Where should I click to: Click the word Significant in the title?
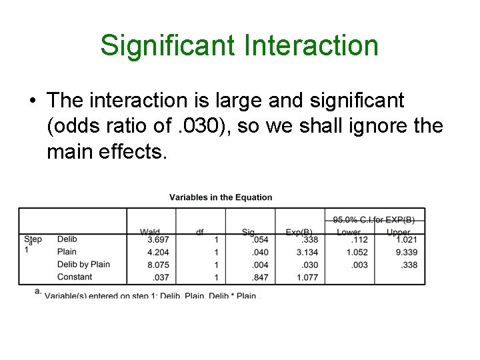(168, 46)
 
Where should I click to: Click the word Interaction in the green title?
(312, 46)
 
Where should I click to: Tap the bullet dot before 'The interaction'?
(32, 101)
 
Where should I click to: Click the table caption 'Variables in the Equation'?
(221, 197)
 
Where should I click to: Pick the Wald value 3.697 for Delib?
(158, 239)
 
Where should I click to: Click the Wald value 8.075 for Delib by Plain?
(158, 265)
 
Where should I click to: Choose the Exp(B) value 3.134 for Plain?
(307, 252)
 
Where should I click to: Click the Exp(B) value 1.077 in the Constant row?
(307, 277)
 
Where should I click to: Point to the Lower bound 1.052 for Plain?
(357, 252)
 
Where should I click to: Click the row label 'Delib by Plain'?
(83, 265)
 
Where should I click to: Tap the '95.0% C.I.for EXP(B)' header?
(374, 219)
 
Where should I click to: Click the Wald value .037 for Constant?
(161, 277)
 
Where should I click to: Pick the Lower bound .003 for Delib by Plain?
(359, 265)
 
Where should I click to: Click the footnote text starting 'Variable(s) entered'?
(150, 295)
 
